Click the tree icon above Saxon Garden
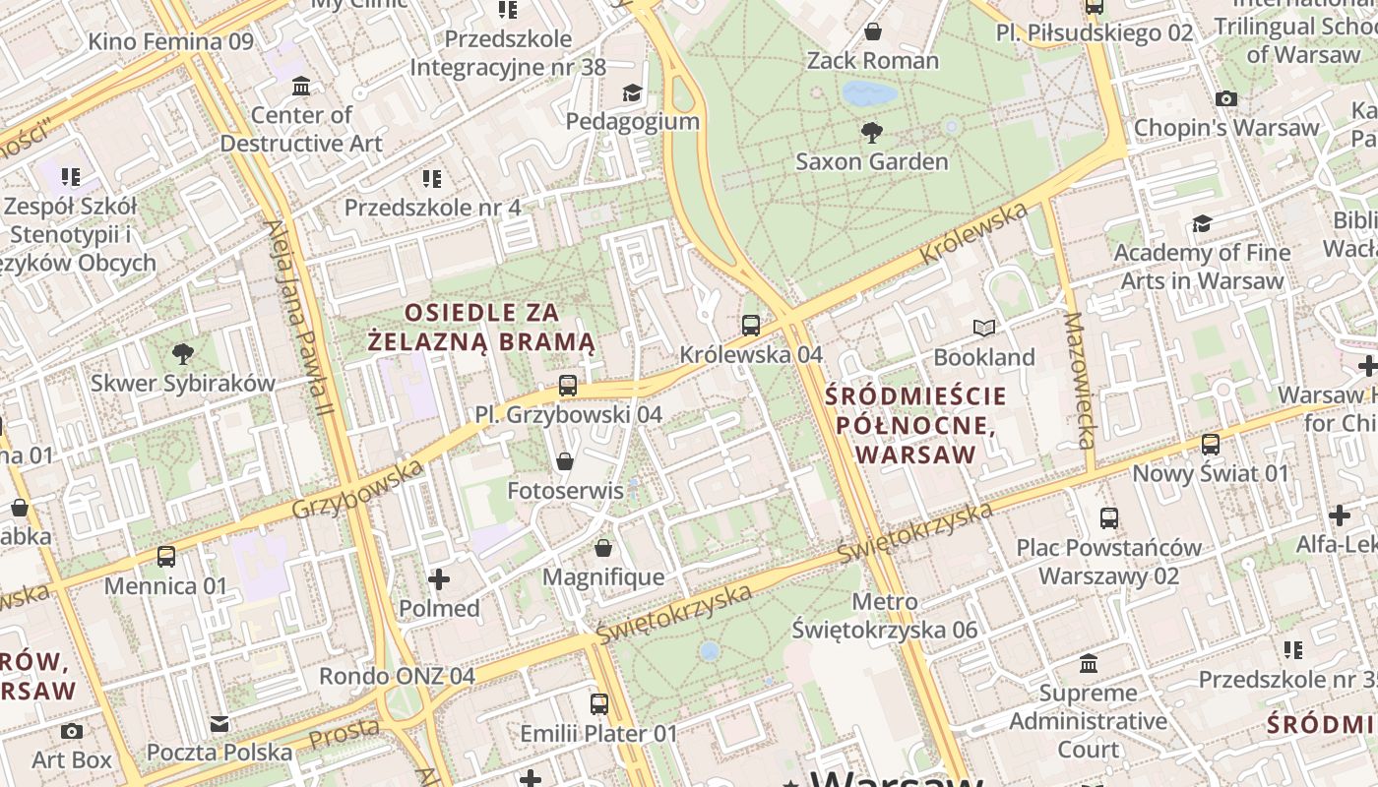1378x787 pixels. (x=871, y=132)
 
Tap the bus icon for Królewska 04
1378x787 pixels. (x=751, y=325)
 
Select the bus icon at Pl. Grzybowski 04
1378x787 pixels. (x=568, y=386)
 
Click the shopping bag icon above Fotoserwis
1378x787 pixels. (x=565, y=460)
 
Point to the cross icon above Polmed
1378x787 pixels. (x=439, y=579)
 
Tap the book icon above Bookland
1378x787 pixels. (x=983, y=328)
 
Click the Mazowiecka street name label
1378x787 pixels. (x=1079, y=381)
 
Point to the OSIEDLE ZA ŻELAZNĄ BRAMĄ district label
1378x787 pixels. (x=481, y=328)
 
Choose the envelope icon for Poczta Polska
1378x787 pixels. (x=219, y=724)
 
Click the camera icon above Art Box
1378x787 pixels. (x=72, y=731)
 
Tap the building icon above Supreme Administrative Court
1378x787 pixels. (x=1088, y=664)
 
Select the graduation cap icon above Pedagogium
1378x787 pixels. (x=632, y=92)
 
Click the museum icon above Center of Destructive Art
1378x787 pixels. (x=301, y=86)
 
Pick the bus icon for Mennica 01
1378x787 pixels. (x=166, y=557)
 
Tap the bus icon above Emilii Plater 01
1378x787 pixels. (x=598, y=704)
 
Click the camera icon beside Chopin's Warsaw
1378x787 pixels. (x=1225, y=98)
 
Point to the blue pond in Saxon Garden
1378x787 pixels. (x=869, y=93)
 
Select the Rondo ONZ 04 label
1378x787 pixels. (x=397, y=676)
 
